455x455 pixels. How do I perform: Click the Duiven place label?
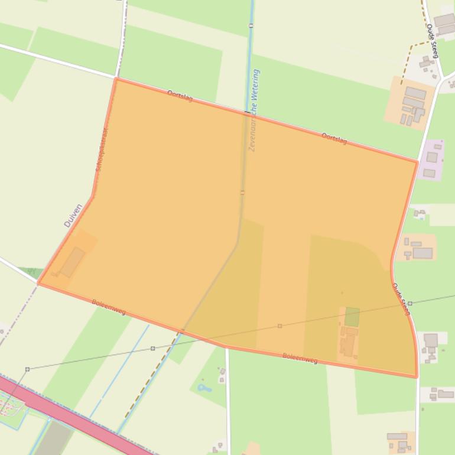tap(73, 216)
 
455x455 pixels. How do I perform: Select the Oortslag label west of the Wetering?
tap(180, 96)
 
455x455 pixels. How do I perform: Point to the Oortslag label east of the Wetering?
tap(334, 139)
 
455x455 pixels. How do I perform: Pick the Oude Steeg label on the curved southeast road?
tap(401, 298)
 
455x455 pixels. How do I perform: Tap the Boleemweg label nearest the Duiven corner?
tap(109, 307)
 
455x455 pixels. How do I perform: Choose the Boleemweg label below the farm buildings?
tap(300, 357)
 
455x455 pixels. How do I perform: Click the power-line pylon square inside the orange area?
tap(279, 326)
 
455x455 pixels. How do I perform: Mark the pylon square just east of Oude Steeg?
tap(410, 303)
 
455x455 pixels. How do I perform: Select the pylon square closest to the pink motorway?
tap(27, 369)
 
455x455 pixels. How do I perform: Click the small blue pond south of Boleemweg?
tap(205, 388)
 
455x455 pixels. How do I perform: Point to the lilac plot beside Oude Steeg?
tap(433, 160)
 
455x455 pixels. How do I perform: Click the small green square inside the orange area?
tap(352, 317)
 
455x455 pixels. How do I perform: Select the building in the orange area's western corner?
tap(72, 262)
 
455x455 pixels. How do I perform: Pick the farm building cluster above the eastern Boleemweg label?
tap(348, 342)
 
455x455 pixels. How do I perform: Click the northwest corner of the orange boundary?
tap(116, 79)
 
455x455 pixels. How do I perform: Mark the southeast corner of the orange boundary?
tap(417, 376)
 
